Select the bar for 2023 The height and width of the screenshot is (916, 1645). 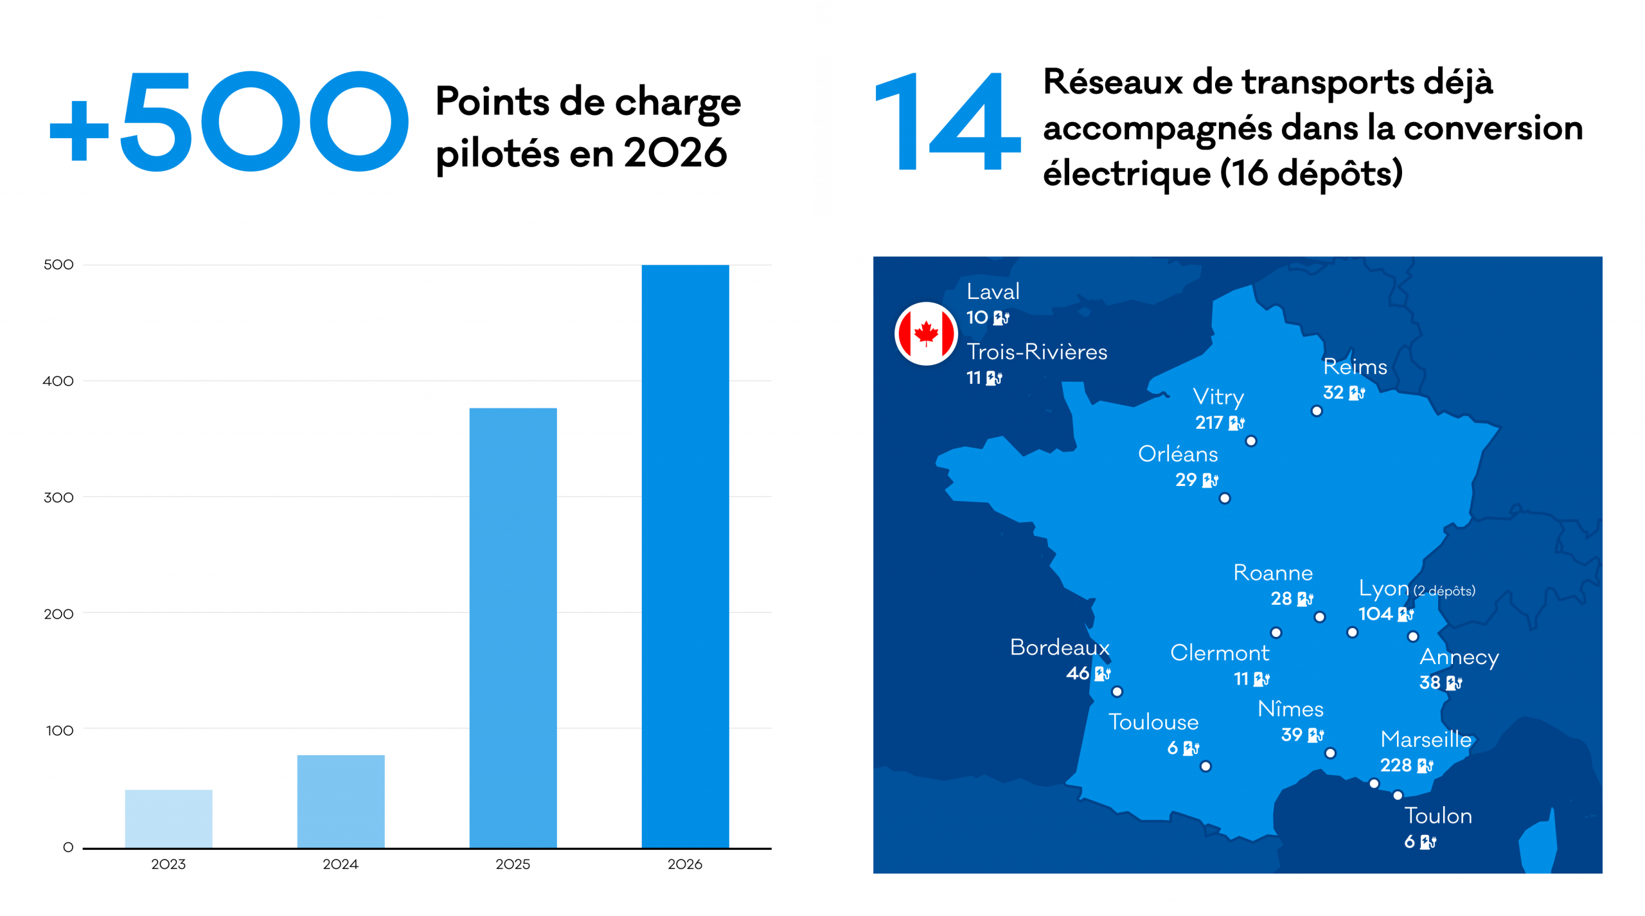click(168, 818)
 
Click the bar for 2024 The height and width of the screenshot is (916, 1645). click(341, 801)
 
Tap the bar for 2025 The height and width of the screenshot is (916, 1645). click(513, 628)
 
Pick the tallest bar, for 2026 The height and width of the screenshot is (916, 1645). click(685, 556)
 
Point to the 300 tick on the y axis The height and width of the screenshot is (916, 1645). click(58, 497)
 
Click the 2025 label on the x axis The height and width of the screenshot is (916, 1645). click(513, 864)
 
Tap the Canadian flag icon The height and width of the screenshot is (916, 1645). click(926, 334)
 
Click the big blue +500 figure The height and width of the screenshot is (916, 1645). click(229, 121)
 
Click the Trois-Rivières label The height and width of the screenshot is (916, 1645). click(1036, 352)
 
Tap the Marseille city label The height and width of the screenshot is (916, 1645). click(1425, 739)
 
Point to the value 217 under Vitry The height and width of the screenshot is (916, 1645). click(1209, 422)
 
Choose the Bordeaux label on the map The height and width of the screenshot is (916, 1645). click(1060, 647)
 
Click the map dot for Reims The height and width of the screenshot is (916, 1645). click(1317, 411)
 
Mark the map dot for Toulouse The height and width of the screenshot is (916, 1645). click(1205, 766)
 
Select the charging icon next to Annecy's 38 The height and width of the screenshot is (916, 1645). click(1454, 683)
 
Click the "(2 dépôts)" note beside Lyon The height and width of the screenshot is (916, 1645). click(1444, 591)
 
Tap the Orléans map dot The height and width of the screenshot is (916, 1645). click(1225, 498)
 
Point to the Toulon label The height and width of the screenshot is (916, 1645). click(1437, 816)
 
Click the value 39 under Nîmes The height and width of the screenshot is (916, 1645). click(1292, 735)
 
